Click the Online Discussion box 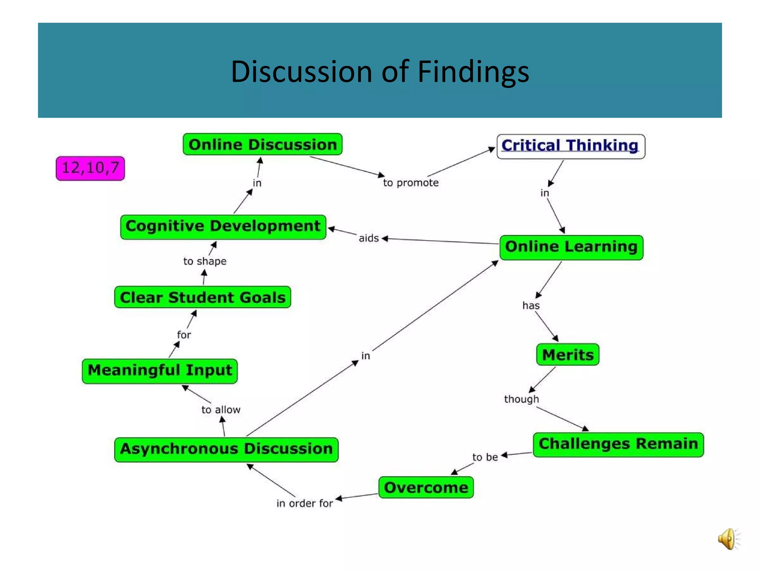[x=262, y=144]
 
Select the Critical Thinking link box [x=570, y=146]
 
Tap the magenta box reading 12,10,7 [x=90, y=168]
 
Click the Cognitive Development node [x=223, y=227]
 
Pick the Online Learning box [x=571, y=247]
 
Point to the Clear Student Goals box [x=203, y=297]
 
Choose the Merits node [x=567, y=355]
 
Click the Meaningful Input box [x=160, y=371]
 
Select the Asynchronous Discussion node [x=226, y=449]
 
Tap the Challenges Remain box [x=618, y=444]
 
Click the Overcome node [x=426, y=487]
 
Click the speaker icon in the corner [x=728, y=539]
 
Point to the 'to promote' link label [x=411, y=183]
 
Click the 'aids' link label [x=368, y=238]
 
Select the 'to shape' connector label [x=205, y=261]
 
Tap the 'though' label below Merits [x=521, y=399]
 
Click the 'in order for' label [x=305, y=503]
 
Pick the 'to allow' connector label [x=221, y=410]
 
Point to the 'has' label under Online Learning [x=531, y=305]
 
